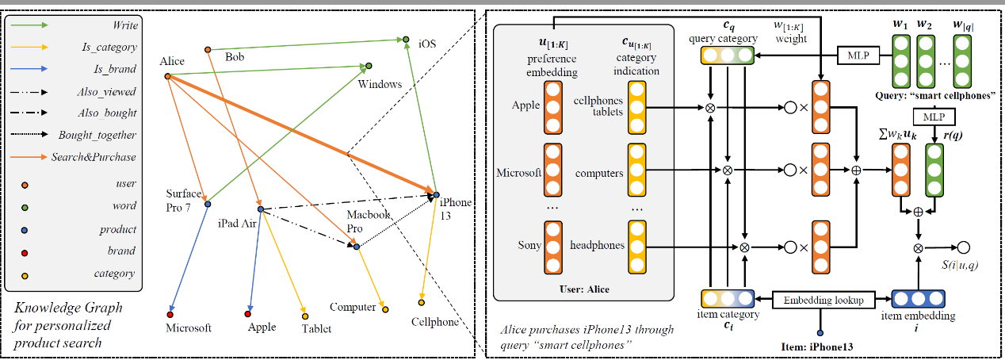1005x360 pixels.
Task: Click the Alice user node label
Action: tap(172, 62)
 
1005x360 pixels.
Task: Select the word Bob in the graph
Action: tap(235, 56)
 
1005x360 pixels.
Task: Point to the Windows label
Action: tap(380, 83)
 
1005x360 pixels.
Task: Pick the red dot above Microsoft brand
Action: tap(170, 313)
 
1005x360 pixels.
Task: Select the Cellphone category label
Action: tap(435, 322)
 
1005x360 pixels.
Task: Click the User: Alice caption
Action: tap(583, 289)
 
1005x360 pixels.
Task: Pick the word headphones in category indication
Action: tap(597, 245)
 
